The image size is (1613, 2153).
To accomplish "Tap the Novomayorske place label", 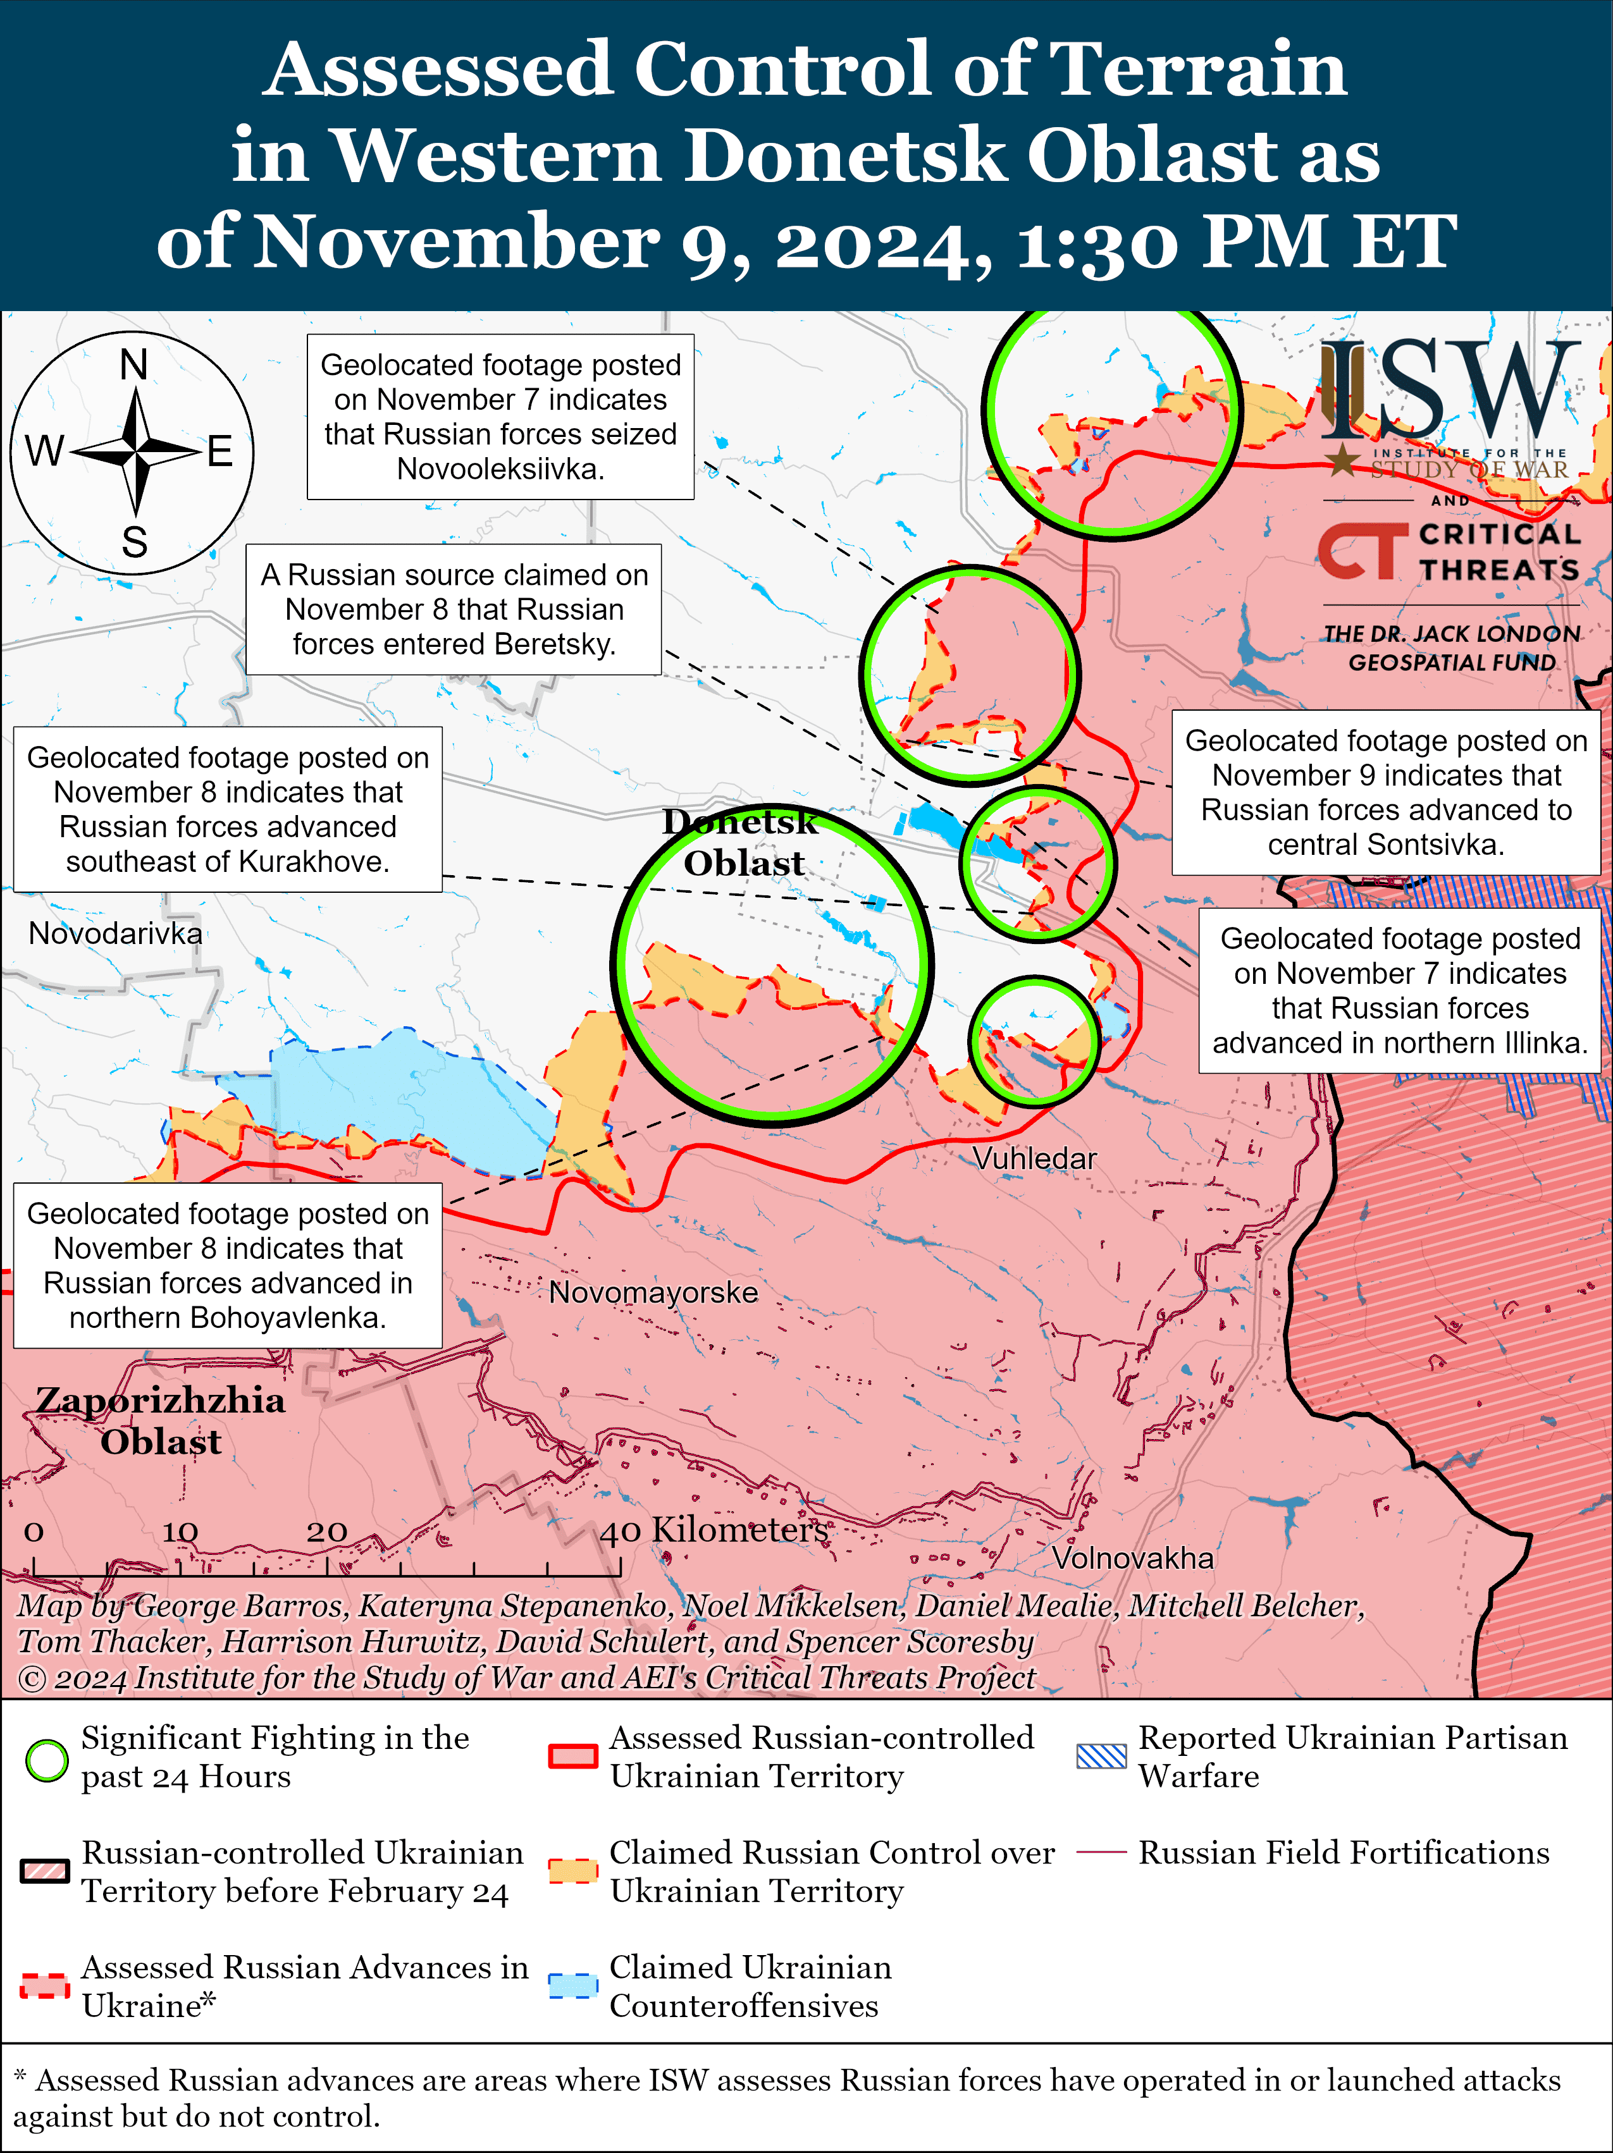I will pos(653,1292).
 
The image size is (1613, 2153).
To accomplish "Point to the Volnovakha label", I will pos(1132,1557).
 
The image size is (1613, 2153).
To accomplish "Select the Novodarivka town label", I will pos(115,933).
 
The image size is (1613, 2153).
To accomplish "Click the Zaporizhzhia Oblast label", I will pos(161,1420).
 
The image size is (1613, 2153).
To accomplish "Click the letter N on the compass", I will pos(133,365).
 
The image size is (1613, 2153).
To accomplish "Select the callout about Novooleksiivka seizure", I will pos(500,417).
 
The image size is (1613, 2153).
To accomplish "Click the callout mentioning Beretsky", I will pos(454,610).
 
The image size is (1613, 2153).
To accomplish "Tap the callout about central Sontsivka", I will pos(1385,792).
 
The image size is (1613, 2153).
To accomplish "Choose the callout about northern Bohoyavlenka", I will pos(228,1265).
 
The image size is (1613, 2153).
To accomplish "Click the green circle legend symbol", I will pos(46,1759).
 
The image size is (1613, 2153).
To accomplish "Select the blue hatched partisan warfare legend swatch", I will pos(1101,1756).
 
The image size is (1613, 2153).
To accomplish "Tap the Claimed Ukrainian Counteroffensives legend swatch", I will pos(572,1985).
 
